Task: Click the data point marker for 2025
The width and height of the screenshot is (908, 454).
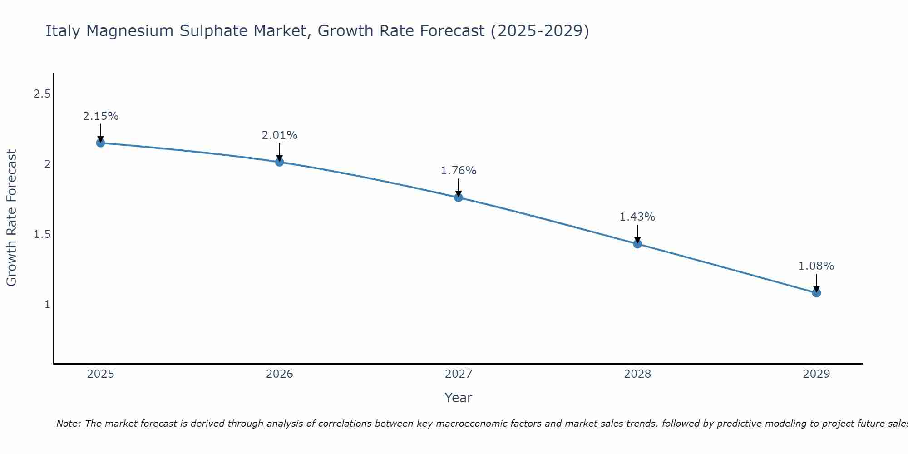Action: [x=100, y=143]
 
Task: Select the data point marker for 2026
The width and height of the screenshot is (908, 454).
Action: [x=279, y=162]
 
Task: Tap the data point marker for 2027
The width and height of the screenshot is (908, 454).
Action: [x=458, y=197]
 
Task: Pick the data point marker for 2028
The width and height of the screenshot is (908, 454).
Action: [x=637, y=244]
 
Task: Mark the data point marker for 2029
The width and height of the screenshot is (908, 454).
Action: [x=816, y=293]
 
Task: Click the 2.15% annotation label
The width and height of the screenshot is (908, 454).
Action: [x=100, y=116]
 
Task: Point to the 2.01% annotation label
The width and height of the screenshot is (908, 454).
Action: [x=279, y=135]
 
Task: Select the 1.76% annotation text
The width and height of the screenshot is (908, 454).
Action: [x=458, y=171]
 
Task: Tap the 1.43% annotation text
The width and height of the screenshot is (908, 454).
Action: [x=637, y=217]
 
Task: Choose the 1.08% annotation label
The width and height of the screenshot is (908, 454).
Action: [x=816, y=266]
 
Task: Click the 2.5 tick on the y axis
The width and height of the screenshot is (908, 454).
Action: [x=42, y=94]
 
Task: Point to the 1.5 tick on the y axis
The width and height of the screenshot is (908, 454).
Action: [x=42, y=234]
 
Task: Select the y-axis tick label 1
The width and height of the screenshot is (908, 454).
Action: [x=47, y=304]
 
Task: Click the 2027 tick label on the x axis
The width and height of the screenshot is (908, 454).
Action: [x=458, y=374]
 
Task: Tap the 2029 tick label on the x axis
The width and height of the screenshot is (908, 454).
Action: [x=816, y=374]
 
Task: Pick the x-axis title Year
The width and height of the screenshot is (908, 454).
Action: [x=458, y=398]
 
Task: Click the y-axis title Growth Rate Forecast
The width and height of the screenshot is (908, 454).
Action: [x=12, y=218]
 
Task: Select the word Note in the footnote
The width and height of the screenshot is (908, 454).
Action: [x=68, y=424]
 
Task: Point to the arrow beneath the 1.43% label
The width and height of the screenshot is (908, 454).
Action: [x=637, y=233]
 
